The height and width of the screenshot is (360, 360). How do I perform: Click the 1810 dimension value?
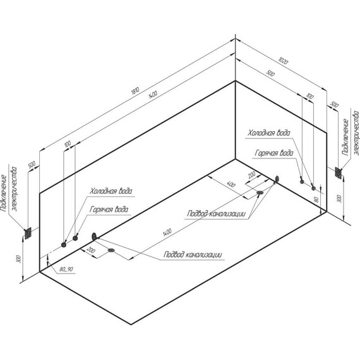[135, 91]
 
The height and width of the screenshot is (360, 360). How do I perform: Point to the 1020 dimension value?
[283, 61]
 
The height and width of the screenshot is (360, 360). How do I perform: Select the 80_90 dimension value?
[66, 269]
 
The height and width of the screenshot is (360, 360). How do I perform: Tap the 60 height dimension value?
[316, 200]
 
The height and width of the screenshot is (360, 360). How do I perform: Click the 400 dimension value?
[231, 184]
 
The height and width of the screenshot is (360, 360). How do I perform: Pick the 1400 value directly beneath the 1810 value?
[153, 95]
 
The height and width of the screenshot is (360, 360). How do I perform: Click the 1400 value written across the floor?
[167, 232]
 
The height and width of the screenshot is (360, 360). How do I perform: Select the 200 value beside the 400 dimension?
[251, 175]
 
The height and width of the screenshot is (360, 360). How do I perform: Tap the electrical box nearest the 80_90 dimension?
[28, 234]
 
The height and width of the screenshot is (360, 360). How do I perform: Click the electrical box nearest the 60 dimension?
[339, 172]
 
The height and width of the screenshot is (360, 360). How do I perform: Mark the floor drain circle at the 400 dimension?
[260, 193]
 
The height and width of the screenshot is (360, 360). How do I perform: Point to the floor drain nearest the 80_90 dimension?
[111, 250]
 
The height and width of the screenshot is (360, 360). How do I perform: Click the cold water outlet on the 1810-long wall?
[64, 245]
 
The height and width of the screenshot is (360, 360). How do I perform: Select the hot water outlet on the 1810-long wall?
[75, 238]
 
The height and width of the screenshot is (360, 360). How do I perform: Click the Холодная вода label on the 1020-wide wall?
[268, 133]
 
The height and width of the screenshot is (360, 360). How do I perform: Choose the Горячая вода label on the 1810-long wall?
[109, 210]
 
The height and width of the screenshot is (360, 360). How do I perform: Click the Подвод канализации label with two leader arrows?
[216, 213]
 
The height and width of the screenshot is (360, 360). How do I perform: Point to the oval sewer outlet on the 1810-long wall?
[94, 236]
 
